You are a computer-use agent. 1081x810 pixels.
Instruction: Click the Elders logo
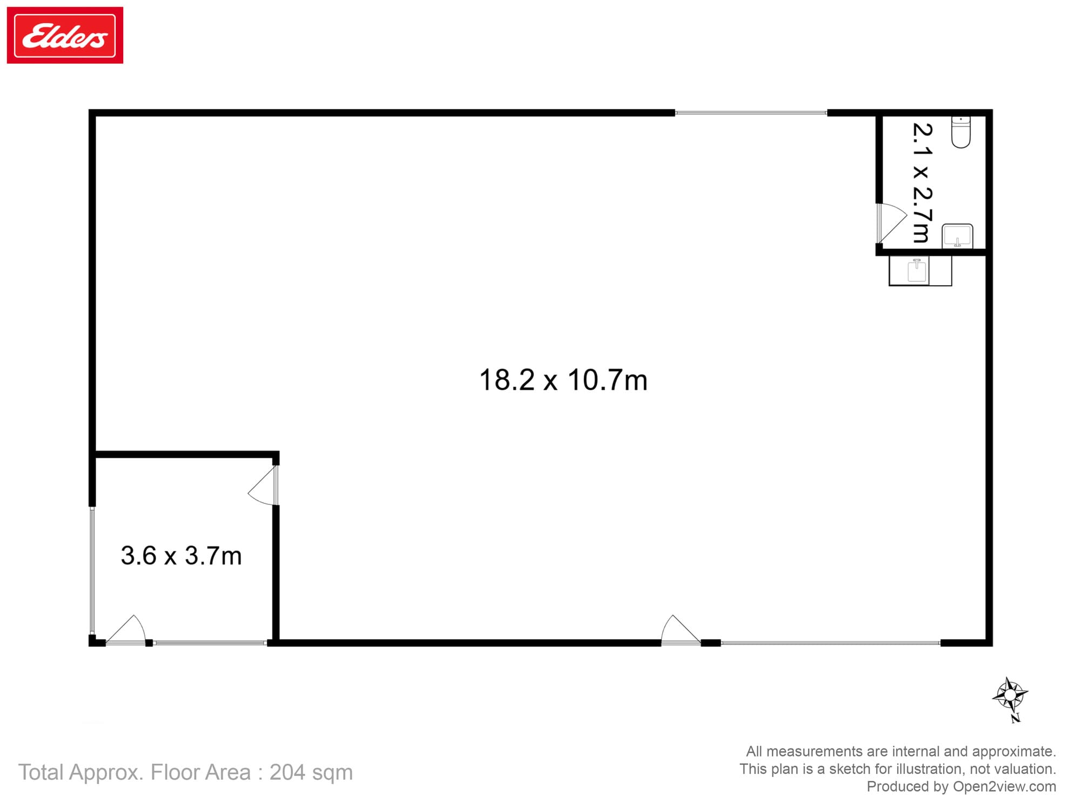pyautogui.click(x=65, y=35)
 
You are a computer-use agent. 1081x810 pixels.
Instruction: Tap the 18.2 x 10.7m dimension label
pyautogui.click(x=563, y=380)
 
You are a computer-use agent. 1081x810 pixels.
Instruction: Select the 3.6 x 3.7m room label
pyautogui.click(x=181, y=556)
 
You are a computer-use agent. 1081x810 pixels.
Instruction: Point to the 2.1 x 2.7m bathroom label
pyautogui.click(x=923, y=183)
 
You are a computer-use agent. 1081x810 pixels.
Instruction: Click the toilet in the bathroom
pyautogui.click(x=960, y=131)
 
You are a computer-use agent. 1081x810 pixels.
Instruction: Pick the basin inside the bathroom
pyautogui.click(x=957, y=236)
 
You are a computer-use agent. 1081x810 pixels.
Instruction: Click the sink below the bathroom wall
pyautogui.click(x=917, y=271)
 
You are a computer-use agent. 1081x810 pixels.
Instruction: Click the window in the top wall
pyautogui.click(x=751, y=113)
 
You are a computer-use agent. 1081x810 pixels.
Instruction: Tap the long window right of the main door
pyautogui.click(x=830, y=643)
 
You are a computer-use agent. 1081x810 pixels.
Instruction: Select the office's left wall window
pyautogui.click(x=92, y=570)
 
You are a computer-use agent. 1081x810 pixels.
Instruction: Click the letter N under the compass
pyautogui.click(x=1016, y=718)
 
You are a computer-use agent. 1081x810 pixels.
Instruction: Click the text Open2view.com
pyautogui.click(x=1004, y=786)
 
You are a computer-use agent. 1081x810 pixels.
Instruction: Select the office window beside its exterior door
pyautogui.click(x=210, y=643)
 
